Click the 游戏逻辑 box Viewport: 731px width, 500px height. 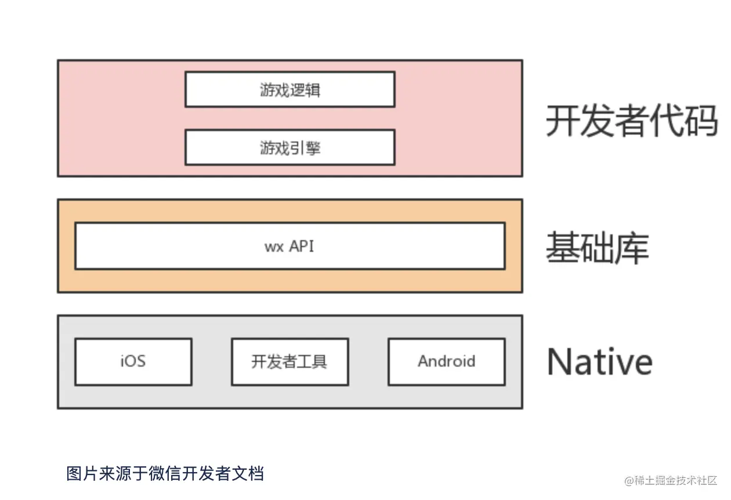click(289, 89)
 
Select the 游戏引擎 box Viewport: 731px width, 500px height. click(289, 147)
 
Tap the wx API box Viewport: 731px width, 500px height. click(289, 246)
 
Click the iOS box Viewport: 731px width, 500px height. click(133, 361)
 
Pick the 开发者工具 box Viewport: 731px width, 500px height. click(289, 361)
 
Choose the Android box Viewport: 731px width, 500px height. click(446, 361)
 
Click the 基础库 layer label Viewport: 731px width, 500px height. click(597, 248)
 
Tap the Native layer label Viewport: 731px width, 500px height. click(599, 361)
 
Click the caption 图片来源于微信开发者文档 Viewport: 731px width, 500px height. click(165, 473)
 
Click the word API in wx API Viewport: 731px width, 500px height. click(302, 246)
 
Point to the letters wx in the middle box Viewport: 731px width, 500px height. click(274, 247)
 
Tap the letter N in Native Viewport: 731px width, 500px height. click(560, 361)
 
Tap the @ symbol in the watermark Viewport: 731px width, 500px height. click(629, 481)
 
